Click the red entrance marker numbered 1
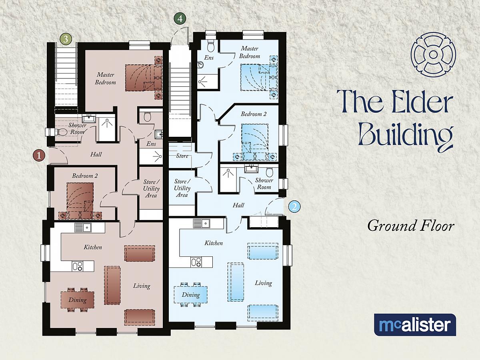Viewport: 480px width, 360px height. click(39, 156)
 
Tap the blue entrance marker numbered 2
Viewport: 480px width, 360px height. click(294, 206)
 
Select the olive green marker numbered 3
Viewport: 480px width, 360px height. click(66, 39)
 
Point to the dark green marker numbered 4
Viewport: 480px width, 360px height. click(180, 18)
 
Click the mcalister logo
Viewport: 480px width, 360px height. click(415, 325)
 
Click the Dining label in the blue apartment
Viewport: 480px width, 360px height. click(191, 295)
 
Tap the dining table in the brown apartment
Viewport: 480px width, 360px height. click(78, 300)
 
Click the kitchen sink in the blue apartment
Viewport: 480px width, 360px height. click(202, 223)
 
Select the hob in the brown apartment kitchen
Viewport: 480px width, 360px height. click(78, 266)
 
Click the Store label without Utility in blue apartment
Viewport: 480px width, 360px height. click(182, 156)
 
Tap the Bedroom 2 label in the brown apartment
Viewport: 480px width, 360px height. click(85, 176)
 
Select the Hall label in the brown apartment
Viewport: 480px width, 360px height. click(96, 154)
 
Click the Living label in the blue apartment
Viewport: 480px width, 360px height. click(263, 283)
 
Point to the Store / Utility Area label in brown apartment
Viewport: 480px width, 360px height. click(151, 189)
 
